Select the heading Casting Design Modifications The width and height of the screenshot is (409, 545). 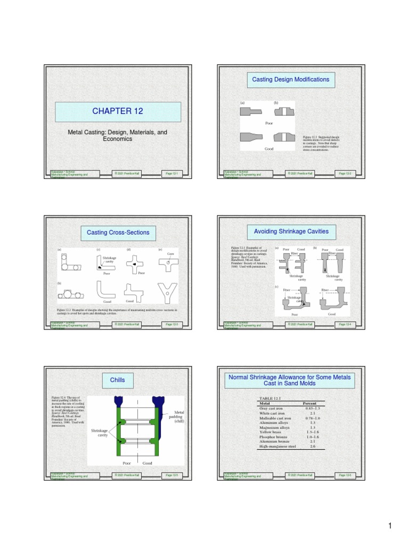291,79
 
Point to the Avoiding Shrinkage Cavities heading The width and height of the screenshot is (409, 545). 291,231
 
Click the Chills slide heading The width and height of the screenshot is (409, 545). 117,380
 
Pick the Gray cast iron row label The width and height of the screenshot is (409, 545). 272,408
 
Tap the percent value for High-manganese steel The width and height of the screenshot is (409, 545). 313,446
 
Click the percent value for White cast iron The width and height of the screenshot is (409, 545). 313,413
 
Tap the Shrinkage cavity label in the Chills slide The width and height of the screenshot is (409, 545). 100,432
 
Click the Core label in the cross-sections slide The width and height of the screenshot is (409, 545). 170,254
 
